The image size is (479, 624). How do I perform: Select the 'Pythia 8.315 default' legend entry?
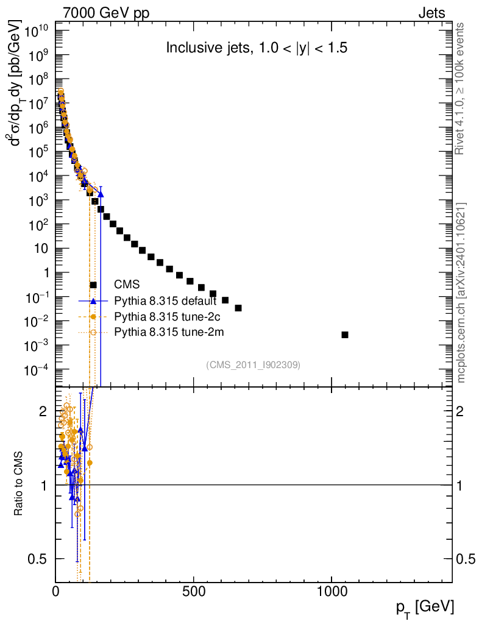165,301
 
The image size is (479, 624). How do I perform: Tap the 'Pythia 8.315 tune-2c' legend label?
165,317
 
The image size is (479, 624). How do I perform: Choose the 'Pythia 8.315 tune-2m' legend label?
166,332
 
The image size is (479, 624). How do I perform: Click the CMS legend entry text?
127,285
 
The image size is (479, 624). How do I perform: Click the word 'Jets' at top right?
431,13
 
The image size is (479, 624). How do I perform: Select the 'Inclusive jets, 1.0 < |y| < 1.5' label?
257,49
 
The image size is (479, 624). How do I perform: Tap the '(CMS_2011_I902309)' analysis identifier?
254,364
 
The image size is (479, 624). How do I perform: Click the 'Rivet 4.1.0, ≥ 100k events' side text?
461,88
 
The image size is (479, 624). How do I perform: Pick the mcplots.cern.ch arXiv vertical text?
461,292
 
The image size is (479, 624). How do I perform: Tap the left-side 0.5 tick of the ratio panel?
40,559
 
